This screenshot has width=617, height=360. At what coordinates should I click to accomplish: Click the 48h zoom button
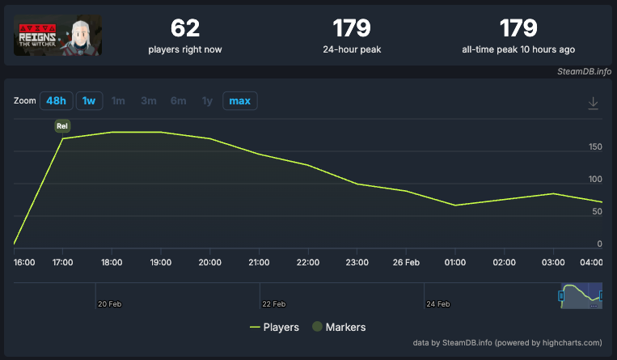pyautogui.click(x=57, y=101)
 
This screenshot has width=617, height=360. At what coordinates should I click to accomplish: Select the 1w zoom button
pyautogui.click(x=89, y=101)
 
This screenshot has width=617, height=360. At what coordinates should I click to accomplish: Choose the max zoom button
pyautogui.click(x=239, y=101)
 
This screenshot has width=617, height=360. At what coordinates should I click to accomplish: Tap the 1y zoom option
pyautogui.click(x=208, y=101)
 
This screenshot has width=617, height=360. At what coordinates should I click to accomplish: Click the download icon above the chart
pyautogui.click(x=593, y=103)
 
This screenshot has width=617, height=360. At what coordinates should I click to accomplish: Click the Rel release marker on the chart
pyautogui.click(x=62, y=125)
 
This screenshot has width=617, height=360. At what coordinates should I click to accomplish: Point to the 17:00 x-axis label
pyautogui.click(x=62, y=263)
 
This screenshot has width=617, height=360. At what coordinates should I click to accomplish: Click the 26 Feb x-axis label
pyautogui.click(x=406, y=263)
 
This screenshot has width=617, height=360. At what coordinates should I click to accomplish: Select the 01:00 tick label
pyautogui.click(x=455, y=263)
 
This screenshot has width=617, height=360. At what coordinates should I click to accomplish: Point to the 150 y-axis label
pyautogui.click(x=595, y=147)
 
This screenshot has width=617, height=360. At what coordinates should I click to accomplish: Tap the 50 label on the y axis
pyautogui.click(x=598, y=212)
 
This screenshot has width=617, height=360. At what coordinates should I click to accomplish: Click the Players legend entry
pyautogui.click(x=275, y=328)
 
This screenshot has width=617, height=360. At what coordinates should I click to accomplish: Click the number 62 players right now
pyautogui.click(x=184, y=28)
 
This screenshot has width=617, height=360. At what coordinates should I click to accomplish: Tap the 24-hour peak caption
pyautogui.click(x=352, y=49)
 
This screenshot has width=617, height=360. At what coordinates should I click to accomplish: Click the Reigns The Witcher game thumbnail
pyautogui.click(x=57, y=35)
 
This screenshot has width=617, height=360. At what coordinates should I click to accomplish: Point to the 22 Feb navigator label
pyautogui.click(x=273, y=304)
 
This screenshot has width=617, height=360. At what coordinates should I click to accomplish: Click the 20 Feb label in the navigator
pyautogui.click(x=109, y=304)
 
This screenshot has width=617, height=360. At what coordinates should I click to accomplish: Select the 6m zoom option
pyautogui.click(x=178, y=101)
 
